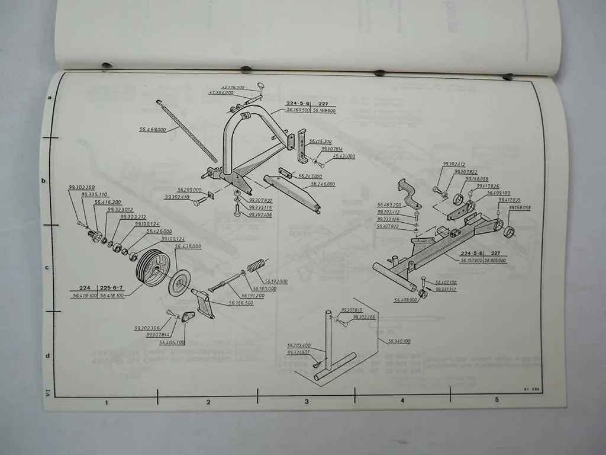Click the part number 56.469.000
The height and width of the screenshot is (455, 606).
[152, 129]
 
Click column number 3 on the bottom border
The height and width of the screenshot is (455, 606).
[306, 401]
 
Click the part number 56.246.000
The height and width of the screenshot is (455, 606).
[323, 184]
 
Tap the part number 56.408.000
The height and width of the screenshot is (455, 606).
[405, 300]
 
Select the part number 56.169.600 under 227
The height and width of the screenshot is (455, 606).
[324, 110]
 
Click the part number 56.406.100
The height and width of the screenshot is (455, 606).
[172, 342]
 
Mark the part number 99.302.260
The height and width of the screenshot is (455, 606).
[81, 188]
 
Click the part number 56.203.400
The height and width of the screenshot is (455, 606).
[299, 345]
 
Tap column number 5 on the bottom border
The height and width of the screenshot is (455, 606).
[496, 399]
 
